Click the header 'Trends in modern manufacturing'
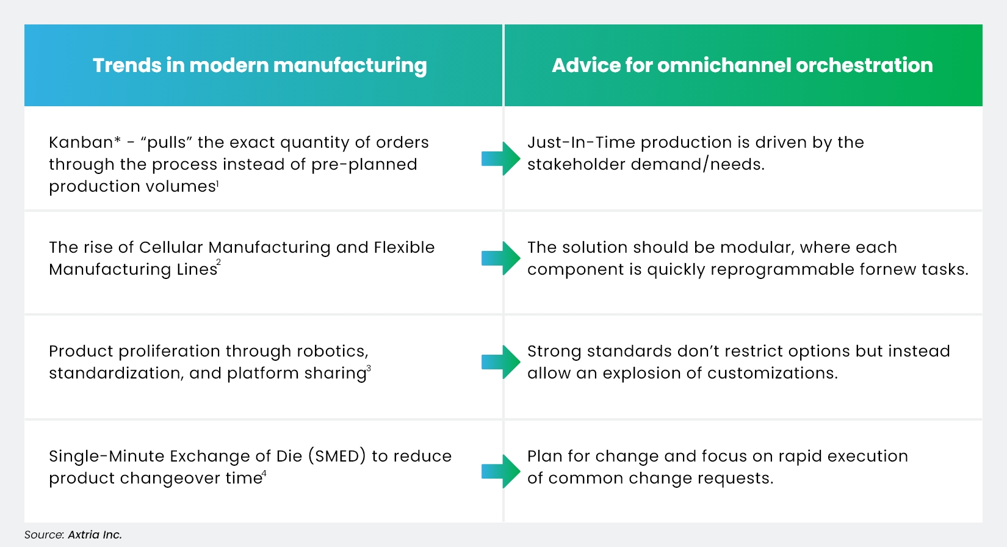tap(259, 65)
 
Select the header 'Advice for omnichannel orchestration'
tap(742, 65)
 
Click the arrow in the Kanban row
tap(500, 159)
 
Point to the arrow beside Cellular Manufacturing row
tap(500, 258)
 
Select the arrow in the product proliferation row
tap(500, 362)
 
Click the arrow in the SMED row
tap(500, 471)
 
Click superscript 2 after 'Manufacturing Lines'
tap(218, 263)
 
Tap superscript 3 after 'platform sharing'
tap(369, 368)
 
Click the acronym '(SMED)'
tap(337, 456)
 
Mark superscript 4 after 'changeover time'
tap(264, 473)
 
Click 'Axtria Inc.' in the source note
tap(95, 535)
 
